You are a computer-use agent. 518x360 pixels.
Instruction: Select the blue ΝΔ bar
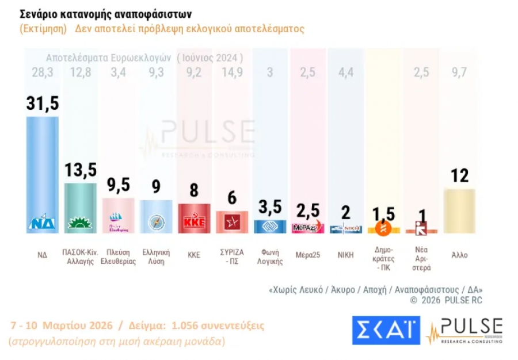tap(43, 173)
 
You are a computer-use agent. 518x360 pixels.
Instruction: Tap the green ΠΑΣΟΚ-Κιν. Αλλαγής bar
tap(80, 207)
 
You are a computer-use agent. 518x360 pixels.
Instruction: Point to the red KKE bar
tap(194, 217)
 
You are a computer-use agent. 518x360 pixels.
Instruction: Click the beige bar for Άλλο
tap(459, 210)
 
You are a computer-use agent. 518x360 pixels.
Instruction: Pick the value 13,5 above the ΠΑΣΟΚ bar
tap(80, 170)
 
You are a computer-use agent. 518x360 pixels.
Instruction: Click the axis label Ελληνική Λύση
tap(156, 257)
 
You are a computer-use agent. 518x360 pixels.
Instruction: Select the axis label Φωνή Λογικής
tap(270, 257)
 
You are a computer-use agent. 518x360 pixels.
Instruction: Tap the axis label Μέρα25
tap(307, 254)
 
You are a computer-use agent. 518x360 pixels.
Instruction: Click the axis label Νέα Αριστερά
tap(421, 261)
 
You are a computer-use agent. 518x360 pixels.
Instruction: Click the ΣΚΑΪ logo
tap(385, 330)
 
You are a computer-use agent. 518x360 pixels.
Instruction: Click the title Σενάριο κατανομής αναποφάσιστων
tap(105, 13)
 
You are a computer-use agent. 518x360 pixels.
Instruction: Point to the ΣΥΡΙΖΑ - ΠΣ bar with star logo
tap(231, 221)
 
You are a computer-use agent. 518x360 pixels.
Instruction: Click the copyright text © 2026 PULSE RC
tap(445, 300)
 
